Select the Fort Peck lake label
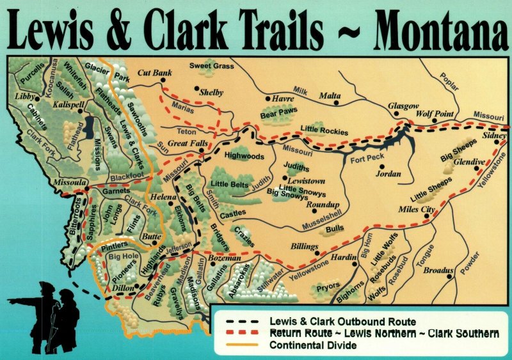366,160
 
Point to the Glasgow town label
403,106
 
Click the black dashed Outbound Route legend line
241,321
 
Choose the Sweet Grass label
212,66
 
